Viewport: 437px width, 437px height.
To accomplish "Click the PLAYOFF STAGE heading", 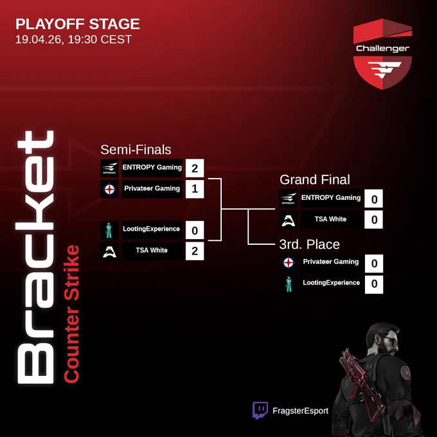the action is (x=78, y=24).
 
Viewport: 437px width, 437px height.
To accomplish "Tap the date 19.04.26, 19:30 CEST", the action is (x=73, y=39).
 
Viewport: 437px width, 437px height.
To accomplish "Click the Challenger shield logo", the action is (x=382, y=54).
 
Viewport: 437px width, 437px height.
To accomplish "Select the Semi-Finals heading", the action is (x=136, y=150).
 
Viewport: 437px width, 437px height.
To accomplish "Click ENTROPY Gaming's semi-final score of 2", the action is (x=195, y=168).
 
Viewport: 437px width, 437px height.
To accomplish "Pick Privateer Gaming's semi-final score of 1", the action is (x=195, y=189).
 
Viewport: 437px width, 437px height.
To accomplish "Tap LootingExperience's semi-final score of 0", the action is (x=195, y=230).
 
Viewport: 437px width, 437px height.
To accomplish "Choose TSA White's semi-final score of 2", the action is (x=195, y=251).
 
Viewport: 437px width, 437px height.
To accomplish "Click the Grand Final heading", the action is (x=315, y=180).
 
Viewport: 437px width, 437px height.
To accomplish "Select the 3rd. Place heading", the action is (x=309, y=244).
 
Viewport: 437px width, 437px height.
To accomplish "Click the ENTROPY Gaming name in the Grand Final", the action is (x=331, y=197).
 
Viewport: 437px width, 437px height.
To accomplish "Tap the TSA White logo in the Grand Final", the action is (x=289, y=219).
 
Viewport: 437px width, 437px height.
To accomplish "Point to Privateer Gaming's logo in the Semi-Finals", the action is (x=109, y=189).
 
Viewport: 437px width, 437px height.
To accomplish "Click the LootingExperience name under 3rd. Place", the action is (x=331, y=283).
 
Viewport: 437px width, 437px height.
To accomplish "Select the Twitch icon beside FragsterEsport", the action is (x=260, y=410).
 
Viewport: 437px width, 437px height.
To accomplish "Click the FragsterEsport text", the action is (x=300, y=411).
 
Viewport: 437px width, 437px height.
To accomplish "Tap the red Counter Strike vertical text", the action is (x=71, y=314).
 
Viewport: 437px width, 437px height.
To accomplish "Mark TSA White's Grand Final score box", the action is (x=373, y=220).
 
